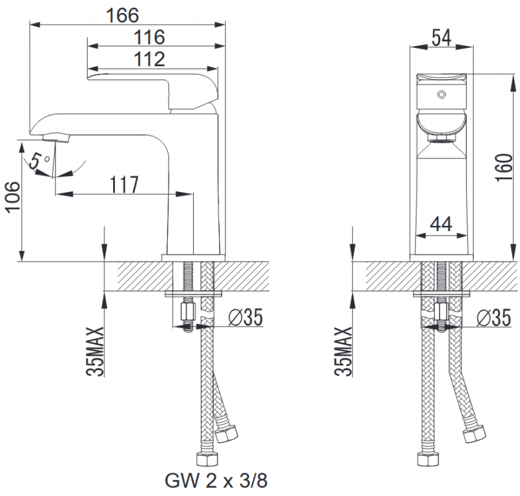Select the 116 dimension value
(x=149, y=36)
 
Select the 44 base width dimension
(x=441, y=224)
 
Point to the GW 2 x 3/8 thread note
(x=216, y=481)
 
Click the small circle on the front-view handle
(x=441, y=95)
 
